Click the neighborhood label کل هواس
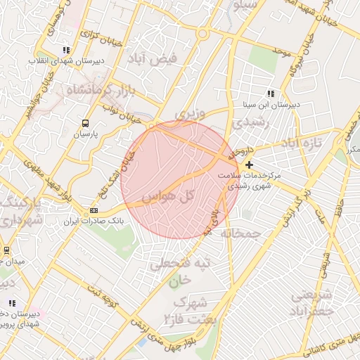coord(167,196)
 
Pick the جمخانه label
coord(240,233)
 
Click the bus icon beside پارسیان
coord(86,121)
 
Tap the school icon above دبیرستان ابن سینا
coord(271,94)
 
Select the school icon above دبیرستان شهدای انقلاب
coord(66,50)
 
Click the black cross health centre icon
coord(250,165)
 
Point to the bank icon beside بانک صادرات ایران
coord(94,211)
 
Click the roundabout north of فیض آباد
coord(203,33)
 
